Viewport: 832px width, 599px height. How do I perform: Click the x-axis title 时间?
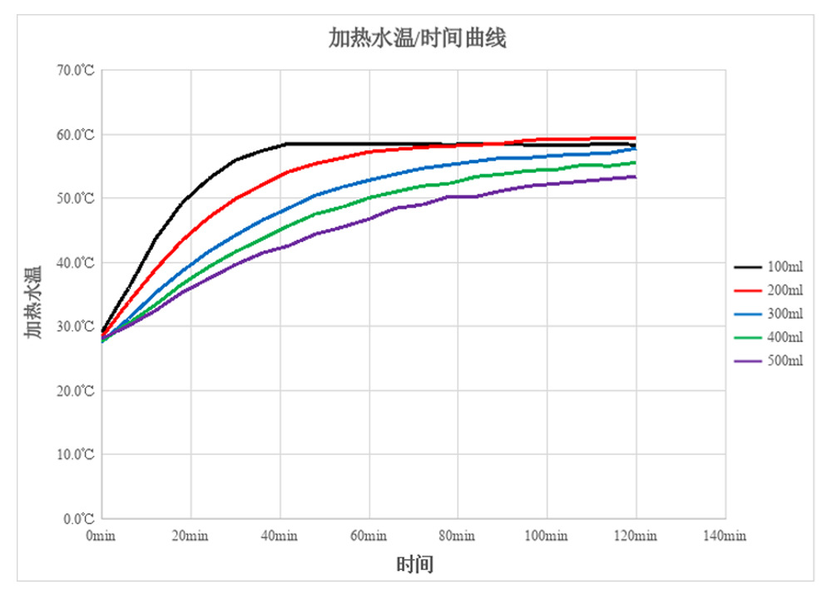coord(414,565)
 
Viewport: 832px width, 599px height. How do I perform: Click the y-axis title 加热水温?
coord(33,303)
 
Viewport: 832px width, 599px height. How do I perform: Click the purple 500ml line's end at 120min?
coord(636,176)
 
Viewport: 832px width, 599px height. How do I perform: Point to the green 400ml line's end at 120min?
coord(636,162)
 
